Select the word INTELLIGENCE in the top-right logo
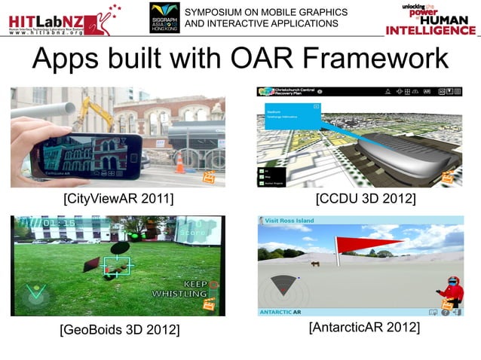point(430,30)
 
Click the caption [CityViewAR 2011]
point(118,198)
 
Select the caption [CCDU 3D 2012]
point(366,198)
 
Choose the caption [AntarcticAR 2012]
point(364,328)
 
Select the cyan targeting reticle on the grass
point(117,265)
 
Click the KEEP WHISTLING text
point(185,288)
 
